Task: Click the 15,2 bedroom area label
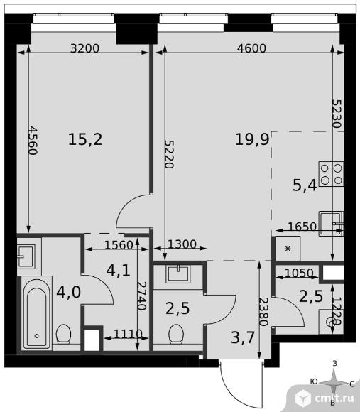pos(85,139)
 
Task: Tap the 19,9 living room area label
pos(252,139)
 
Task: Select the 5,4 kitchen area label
pos(305,186)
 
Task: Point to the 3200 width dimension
pos(84,48)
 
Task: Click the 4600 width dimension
pos(251,48)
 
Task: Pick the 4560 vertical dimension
pos(33,141)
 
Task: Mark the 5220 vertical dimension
pos(169,154)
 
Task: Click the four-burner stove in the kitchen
pos(331,174)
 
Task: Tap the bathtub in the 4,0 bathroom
pos(36,313)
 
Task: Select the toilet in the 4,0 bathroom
pos(63,334)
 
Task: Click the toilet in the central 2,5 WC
pos(175,334)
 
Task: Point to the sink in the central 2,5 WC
pos(178,273)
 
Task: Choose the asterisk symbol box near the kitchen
pos(288,249)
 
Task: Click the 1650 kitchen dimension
pos(302,226)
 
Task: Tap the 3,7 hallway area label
pos(243,337)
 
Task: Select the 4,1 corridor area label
pos(118,271)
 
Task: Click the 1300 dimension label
pos(182,244)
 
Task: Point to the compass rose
pos(334,383)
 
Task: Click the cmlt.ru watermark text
pos(334,399)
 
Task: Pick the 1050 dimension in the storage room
pos(299,273)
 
